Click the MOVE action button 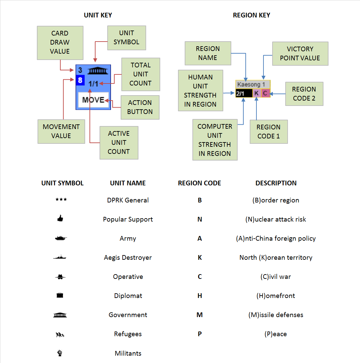pos(94,100)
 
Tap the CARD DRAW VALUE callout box pos(60,43)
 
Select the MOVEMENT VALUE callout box pos(61,131)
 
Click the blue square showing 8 pos(80,80)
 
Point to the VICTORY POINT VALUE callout pos(300,54)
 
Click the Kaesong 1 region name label pos(253,85)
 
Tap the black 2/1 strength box pos(244,93)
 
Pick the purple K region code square pos(256,93)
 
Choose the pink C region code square pos(265,93)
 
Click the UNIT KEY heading pos(98,15)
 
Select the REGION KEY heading pos(251,15)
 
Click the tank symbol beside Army pos(61,238)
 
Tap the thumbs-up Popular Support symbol pos(60,219)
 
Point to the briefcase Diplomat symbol pos(60,295)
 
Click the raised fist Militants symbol pos(60,353)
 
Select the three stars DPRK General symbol pos(61,200)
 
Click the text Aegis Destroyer pos(128,257)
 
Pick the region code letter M pos(199,315)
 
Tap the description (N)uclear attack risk pos(276,219)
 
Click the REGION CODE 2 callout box pos(304,94)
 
